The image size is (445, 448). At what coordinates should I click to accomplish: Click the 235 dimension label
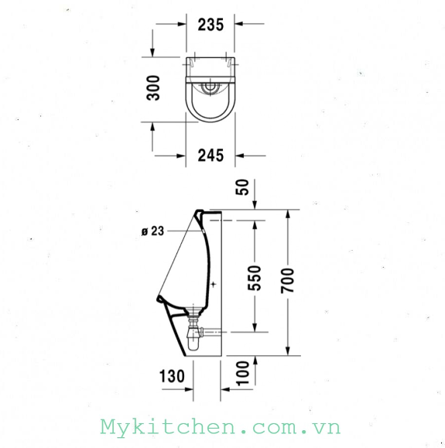coord(211,25)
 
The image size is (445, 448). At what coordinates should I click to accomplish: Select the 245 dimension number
coord(211,156)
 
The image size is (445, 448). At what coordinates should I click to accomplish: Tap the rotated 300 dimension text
coord(153,87)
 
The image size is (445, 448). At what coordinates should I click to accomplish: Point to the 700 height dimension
coord(287,281)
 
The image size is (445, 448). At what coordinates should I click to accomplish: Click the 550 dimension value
coord(254,278)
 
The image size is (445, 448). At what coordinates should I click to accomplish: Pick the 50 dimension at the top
coord(242,187)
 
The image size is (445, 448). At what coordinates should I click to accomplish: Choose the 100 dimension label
coord(242,374)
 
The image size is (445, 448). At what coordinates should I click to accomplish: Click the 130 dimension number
coord(172,376)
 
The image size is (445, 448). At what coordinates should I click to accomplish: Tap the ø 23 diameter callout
coord(153,231)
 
